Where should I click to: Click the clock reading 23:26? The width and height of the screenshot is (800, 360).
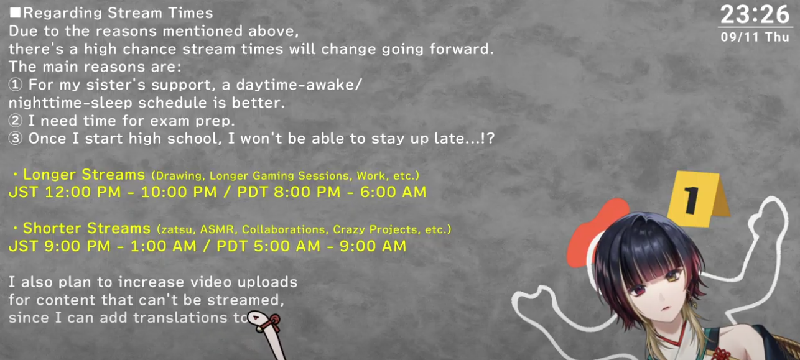755,15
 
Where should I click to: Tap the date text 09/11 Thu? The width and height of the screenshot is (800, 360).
755,37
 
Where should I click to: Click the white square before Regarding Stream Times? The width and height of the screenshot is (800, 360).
15,12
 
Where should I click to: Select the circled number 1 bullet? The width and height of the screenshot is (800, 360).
16,85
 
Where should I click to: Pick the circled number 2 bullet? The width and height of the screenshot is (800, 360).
16,121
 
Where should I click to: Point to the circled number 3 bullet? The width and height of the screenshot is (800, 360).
16,139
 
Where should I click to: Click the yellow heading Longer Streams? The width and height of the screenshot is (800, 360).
84,175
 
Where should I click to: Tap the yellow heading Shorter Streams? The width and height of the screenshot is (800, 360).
86,228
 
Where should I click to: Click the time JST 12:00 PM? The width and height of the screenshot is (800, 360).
65,192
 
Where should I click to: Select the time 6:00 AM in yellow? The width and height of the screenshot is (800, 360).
393,192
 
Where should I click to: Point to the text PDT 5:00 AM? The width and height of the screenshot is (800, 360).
269,246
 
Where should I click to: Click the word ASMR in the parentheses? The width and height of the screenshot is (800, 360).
218,229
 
